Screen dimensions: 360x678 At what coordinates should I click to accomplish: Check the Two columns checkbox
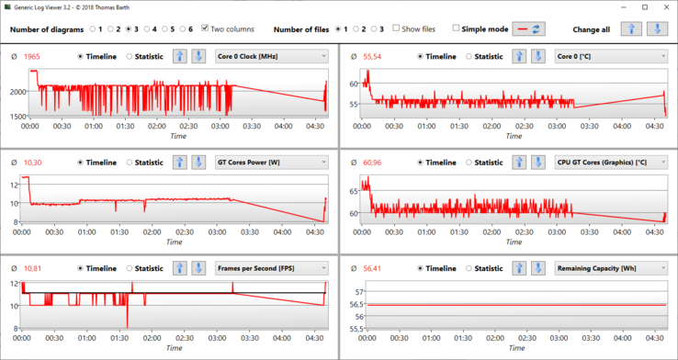click(206, 28)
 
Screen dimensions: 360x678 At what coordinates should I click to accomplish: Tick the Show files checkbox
click(396, 28)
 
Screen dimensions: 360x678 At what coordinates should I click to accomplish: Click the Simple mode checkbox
click(456, 28)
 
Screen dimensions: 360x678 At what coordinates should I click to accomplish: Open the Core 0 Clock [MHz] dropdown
click(272, 57)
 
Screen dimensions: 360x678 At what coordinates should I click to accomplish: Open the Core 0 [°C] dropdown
click(611, 57)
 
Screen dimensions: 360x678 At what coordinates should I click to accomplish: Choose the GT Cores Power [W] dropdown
click(272, 163)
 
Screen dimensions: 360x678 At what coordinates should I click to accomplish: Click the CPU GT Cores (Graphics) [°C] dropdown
click(611, 163)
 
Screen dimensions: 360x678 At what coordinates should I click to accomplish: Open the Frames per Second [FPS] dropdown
click(272, 268)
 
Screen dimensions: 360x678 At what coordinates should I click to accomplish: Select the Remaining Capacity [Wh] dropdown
click(611, 268)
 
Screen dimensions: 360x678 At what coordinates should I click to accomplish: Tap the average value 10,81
click(32, 268)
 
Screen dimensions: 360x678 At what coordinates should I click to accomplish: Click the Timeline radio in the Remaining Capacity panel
click(421, 268)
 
